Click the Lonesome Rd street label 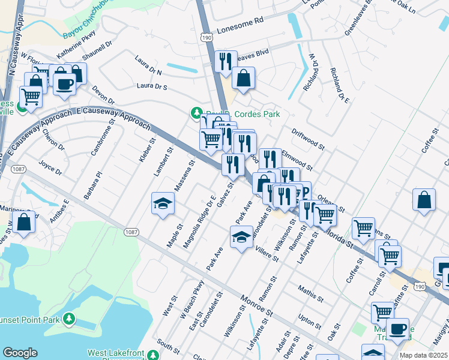[241, 20]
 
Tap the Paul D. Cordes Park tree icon [196, 113]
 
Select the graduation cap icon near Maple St [163, 204]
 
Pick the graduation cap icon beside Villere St [241, 237]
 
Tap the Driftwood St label [307, 138]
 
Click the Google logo [20, 353]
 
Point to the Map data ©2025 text [423, 355]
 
